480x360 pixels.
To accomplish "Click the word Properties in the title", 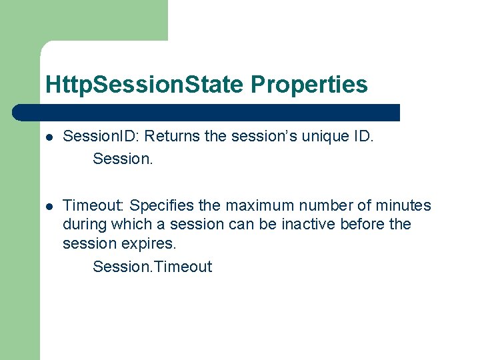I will pyautogui.click(x=309, y=85).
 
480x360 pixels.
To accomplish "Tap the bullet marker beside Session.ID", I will pyautogui.click(x=49, y=137).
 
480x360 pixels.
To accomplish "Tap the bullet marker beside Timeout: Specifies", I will pyautogui.click(x=49, y=206).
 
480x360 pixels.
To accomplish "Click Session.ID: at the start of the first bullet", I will pyautogui.click(x=101, y=136).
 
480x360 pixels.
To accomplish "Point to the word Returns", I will pyautogui.click(x=172, y=136).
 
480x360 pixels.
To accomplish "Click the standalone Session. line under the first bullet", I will pyautogui.click(x=123, y=158).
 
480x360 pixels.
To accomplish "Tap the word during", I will pyautogui.click(x=84, y=224).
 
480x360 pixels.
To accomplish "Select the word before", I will pyautogui.click(x=362, y=224).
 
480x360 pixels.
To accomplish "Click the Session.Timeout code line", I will pyautogui.click(x=152, y=267).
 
